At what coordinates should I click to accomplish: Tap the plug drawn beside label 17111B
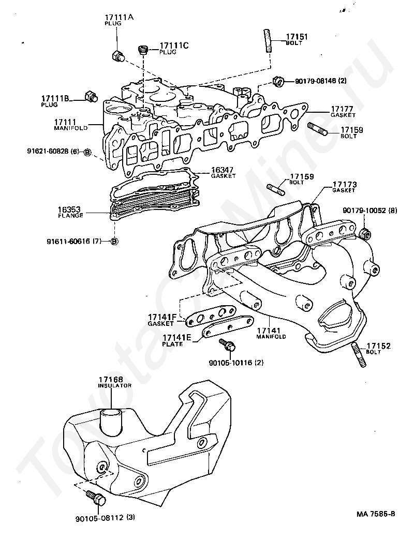click(x=91, y=96)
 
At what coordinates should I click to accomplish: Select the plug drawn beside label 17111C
click(x=144, y=50)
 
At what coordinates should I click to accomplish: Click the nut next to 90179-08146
click(x=277, y=81)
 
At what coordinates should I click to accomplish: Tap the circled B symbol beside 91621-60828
click(x=87, y=152)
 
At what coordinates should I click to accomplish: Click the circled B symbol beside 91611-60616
click(x=114, y=241)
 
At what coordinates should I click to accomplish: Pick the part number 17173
click(x=344, y=184)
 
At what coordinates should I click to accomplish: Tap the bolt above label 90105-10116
click(x=226, y=344)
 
